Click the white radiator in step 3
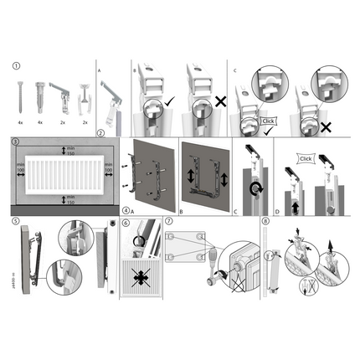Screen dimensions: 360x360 point(64,174)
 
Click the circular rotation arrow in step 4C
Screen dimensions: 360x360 point(254,186)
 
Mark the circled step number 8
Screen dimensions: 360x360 point(265,222)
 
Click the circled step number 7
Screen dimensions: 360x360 point(167,222)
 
